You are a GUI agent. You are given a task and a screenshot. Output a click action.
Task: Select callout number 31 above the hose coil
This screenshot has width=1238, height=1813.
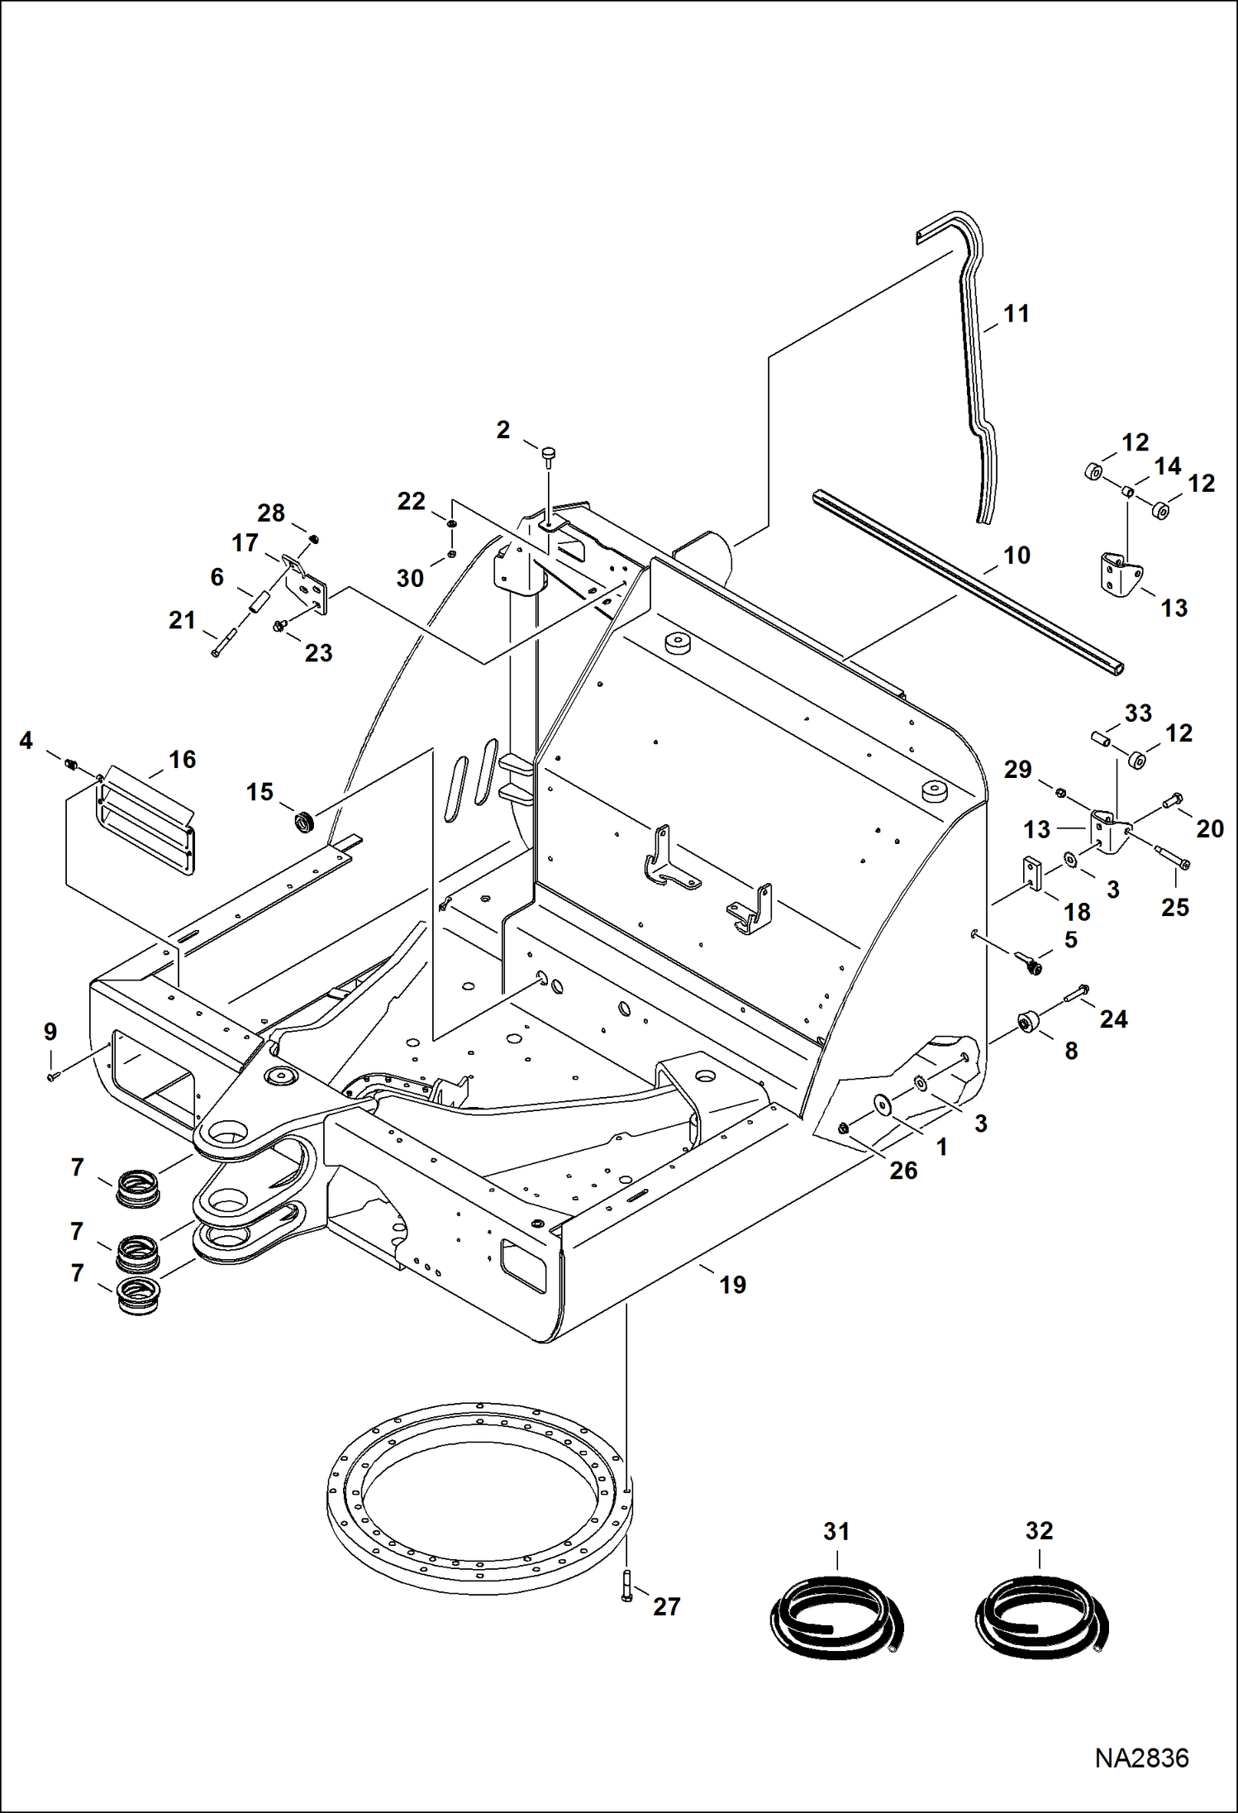836,1531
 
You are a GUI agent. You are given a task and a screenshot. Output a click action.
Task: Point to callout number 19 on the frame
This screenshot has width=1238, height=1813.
732,1285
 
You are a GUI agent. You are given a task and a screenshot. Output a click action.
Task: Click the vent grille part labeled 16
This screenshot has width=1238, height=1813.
146,819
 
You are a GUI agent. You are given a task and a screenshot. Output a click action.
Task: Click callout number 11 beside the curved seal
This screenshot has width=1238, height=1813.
1017,314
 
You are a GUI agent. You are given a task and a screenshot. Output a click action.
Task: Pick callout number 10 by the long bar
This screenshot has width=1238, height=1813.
1017,555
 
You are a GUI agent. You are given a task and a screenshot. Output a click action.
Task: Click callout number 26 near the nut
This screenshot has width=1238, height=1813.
903,1170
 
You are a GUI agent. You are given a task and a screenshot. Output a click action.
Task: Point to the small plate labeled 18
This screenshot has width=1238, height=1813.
1032,872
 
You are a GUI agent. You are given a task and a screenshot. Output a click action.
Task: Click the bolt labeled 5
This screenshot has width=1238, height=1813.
1031,964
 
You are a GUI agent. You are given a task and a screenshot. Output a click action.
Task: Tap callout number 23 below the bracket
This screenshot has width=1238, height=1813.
318,653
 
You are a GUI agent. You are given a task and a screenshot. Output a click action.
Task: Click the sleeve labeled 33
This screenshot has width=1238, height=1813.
1100,736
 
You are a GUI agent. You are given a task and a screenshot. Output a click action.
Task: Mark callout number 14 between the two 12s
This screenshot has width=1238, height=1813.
1167,467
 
